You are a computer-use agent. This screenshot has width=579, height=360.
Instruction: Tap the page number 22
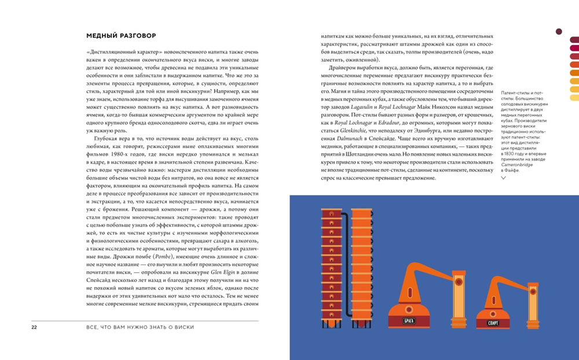click(x=34, y=328)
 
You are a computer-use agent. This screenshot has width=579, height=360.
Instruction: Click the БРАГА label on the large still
click(x=409, y=321)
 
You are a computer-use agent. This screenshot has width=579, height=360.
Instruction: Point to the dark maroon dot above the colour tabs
click(x=559, y=31)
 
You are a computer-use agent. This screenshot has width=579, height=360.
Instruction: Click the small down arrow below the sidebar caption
click(x=504, y=178)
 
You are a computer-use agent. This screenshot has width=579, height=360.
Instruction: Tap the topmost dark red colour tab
click(x=574, y=40)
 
